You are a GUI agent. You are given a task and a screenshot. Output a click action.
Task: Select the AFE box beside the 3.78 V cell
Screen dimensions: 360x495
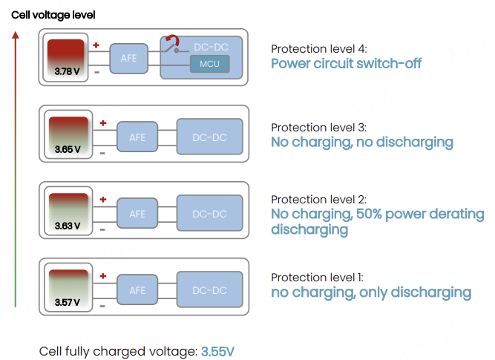[x=128, y=58]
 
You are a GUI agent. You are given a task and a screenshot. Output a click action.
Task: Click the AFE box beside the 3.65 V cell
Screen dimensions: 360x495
[x=137, y=137]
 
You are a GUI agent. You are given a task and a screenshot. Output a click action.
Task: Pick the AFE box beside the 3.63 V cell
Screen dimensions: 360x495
[x=137, y=214]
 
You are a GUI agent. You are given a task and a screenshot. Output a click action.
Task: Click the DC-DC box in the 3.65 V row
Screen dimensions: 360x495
[x=209, y=137]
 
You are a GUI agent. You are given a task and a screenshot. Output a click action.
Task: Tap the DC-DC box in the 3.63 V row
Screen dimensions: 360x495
[x=209, y=214]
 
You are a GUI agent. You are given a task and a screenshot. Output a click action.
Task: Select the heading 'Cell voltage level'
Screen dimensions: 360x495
[x=53, y=15]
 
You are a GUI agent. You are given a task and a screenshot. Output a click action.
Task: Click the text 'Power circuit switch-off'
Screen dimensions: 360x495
[x=346, y=64]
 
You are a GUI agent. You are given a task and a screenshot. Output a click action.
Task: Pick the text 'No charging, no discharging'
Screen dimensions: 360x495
[x=361, y=142]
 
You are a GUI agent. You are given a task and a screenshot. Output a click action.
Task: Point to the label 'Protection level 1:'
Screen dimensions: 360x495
[x=318, y=277]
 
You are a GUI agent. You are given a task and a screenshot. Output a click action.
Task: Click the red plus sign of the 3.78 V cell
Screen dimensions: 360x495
[x=96, y=46]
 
